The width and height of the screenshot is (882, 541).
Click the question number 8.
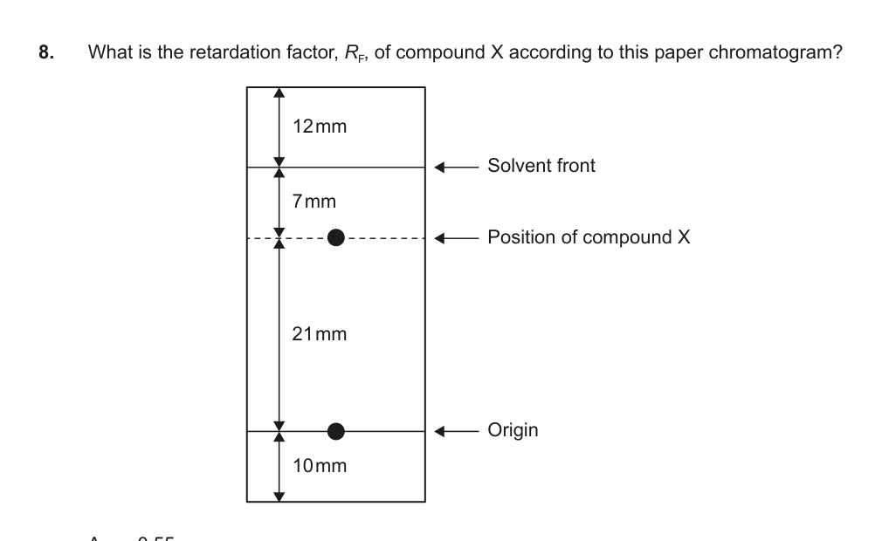point(45,52)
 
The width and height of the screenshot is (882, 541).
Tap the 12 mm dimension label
point(320,127)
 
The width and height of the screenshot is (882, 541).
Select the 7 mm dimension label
point(314,202)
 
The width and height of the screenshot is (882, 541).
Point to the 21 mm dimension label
point(320,333)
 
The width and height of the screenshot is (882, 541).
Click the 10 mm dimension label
point(320,465)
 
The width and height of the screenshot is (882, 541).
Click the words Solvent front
point(541,166)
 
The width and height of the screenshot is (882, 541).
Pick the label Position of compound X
point(589,237)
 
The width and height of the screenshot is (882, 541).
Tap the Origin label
point(513,430)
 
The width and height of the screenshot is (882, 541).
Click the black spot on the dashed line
point(336,236)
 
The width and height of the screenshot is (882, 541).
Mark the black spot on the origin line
point(336,430)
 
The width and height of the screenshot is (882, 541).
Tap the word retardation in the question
point(225,52)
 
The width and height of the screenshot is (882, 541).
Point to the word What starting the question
point(109,52)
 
